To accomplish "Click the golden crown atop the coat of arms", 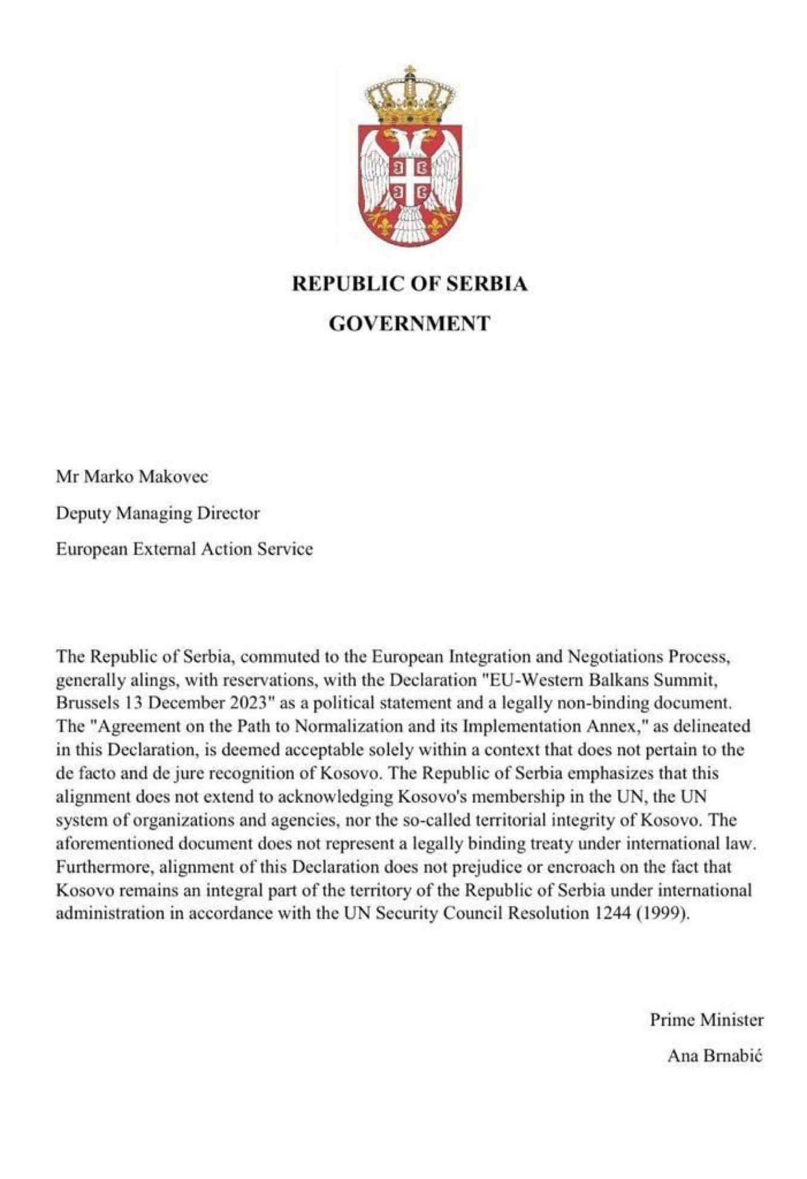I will pos(410,97).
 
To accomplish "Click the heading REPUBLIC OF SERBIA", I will pos(410,284).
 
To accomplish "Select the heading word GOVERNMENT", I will pos(410,324).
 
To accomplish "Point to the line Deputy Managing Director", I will pos(158,513).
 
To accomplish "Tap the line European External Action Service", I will pos(184,549).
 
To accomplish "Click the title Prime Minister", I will pos(706,1021).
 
